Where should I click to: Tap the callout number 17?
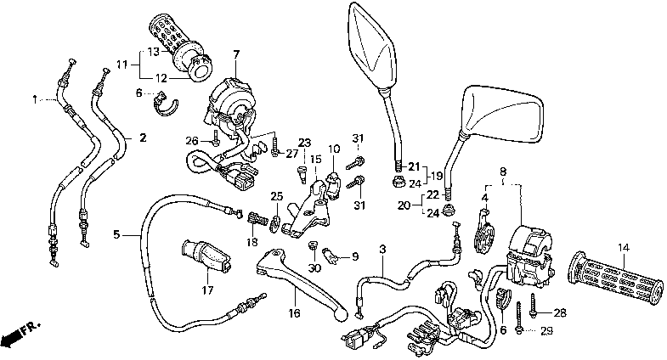click(206, 290)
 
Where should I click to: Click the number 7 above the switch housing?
click(236, 53)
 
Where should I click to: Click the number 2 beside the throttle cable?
click(142, 138)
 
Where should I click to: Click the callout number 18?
click(252, 242)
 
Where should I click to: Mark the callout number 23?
click(305, 143)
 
